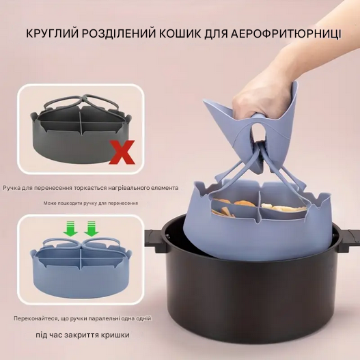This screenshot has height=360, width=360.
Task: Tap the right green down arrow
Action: (x=92, y=231)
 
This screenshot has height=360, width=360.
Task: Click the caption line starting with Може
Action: (x=91, y=203)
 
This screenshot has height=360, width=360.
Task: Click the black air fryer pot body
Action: (x=246, y=301)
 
